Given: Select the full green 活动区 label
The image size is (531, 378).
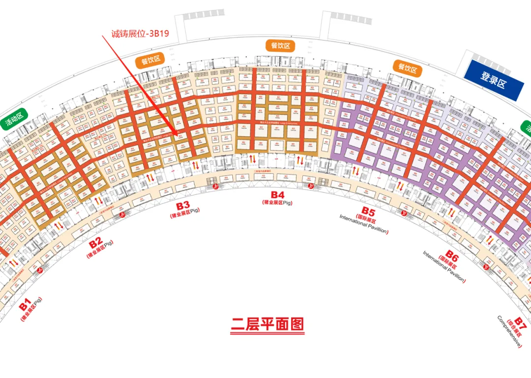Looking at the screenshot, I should click(x=14, y=119).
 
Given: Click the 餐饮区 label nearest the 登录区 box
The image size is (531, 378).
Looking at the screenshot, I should click(x=408, y=68).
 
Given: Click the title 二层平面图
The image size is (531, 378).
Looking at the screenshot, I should click(x=267, y=324).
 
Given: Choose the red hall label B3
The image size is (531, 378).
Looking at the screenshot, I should click(x=183, y=205).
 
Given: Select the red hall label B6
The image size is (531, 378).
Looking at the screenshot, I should click(x=452, y=258).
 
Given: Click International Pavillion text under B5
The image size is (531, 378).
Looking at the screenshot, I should click(x=363, y=224).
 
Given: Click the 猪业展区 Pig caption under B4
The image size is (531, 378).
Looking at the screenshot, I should click(x=277, y=202).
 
